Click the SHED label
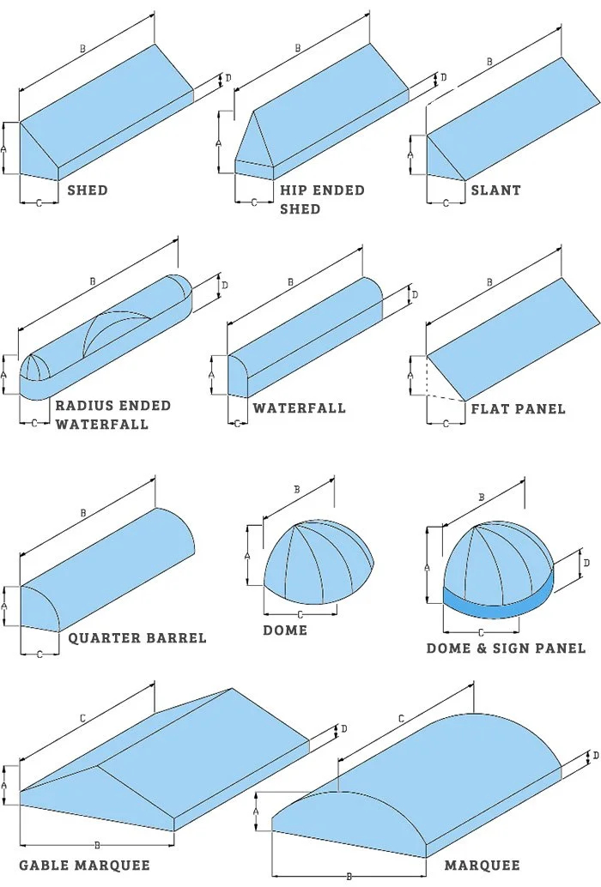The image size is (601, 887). point(88,190)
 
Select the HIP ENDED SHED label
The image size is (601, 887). point(322,199)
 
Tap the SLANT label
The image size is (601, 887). point(495,190)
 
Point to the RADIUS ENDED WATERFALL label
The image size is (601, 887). point(113,414)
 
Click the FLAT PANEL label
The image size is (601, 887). point(518,408)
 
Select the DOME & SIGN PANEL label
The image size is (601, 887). point(506,648)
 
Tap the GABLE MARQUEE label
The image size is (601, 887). point(84,865)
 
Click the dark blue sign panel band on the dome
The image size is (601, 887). point(498,605)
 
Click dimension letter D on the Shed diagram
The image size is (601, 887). point(228,78)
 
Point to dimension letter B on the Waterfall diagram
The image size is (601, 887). point(290,281)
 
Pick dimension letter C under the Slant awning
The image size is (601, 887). point(445,203)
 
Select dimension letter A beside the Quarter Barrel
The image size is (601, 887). point(4,606)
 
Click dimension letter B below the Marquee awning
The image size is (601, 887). point(348,876)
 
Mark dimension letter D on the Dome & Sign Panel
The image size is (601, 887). point(586,564)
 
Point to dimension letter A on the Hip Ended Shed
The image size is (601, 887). point(220,142)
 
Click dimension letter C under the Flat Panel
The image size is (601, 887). point(445,424)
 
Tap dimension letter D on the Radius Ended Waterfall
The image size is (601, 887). point(224,285)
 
